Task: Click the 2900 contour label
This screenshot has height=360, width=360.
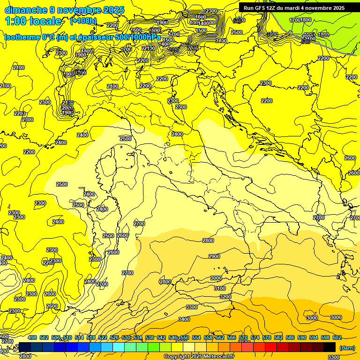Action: tap(214, 256)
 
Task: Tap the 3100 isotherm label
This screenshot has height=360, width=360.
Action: tap(219, 288)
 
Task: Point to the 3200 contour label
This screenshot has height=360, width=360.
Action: tap(225, 297)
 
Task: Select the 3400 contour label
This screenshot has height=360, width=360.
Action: tap(184, 319)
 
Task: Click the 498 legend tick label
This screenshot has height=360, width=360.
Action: tap(32, 337)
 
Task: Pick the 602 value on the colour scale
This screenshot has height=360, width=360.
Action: tap(337, 337)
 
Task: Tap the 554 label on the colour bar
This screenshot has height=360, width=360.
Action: tap(196, 337)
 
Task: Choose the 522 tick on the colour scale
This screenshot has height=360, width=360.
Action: tap(103, 337)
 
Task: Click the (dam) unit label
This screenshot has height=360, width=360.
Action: tap(347, 348)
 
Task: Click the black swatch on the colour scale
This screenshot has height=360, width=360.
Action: tap(330, 347)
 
